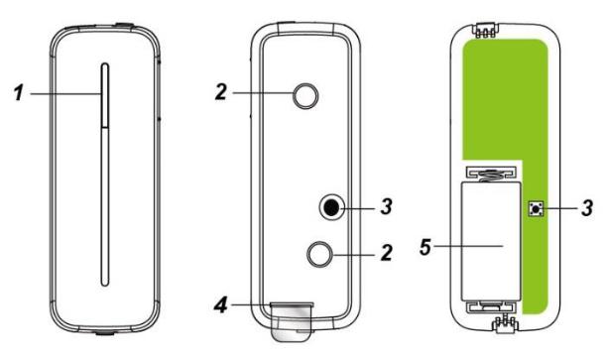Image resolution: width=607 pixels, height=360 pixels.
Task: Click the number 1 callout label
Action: pyautogui.click(x=19, y=93)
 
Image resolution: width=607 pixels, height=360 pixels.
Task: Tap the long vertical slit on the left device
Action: pyautogui.click(x=105, y=175)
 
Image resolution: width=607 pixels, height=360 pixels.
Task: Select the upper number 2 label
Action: pyautogui.click(x=221, y=92)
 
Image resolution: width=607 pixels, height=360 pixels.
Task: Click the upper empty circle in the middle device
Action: pyautogui.click(x=305, y=96)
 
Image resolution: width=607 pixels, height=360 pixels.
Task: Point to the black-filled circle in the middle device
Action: pyautogui.click(x=331, y=208)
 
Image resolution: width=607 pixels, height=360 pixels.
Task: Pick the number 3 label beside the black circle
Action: pyautogui.click(x=387, y=207)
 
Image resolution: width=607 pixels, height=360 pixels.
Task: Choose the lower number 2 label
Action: pyautogui.click(x=387, y=253)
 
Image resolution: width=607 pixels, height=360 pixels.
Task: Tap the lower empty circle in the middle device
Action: pyautogui.click(x=319, y=254)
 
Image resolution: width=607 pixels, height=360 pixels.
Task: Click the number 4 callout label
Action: pyautogui.click(x=221, y=305)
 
